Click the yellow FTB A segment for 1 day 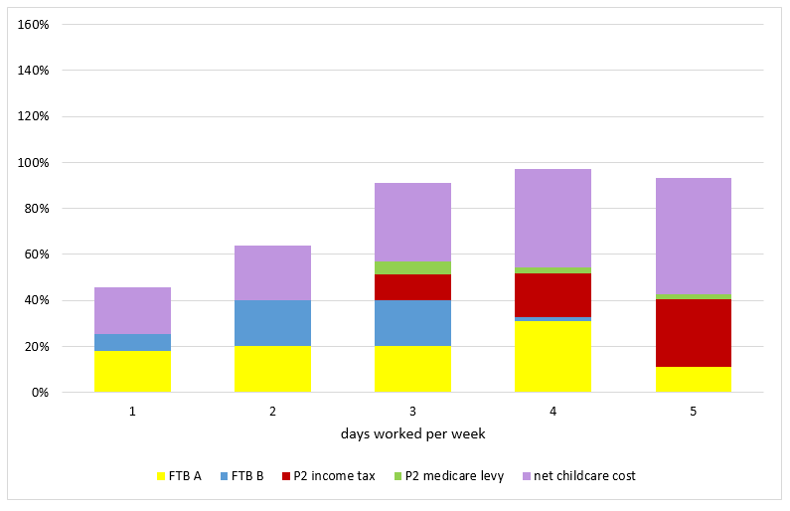coord(132,371)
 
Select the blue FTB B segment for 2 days coord(272,323)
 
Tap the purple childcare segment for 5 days coord(693,236)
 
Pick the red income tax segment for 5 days coord(693,333)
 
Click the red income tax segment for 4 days coord(553,295)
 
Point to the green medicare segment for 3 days coord(412,268)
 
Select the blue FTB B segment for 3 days coord(412,323)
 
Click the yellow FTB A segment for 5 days coord(693,379)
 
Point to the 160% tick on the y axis coord(34,24)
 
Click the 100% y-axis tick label coord(34,162)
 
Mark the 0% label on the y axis coord(40,393)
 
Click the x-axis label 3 coord(412,410)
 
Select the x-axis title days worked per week coord(411,434)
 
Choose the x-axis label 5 coord(693,410)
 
